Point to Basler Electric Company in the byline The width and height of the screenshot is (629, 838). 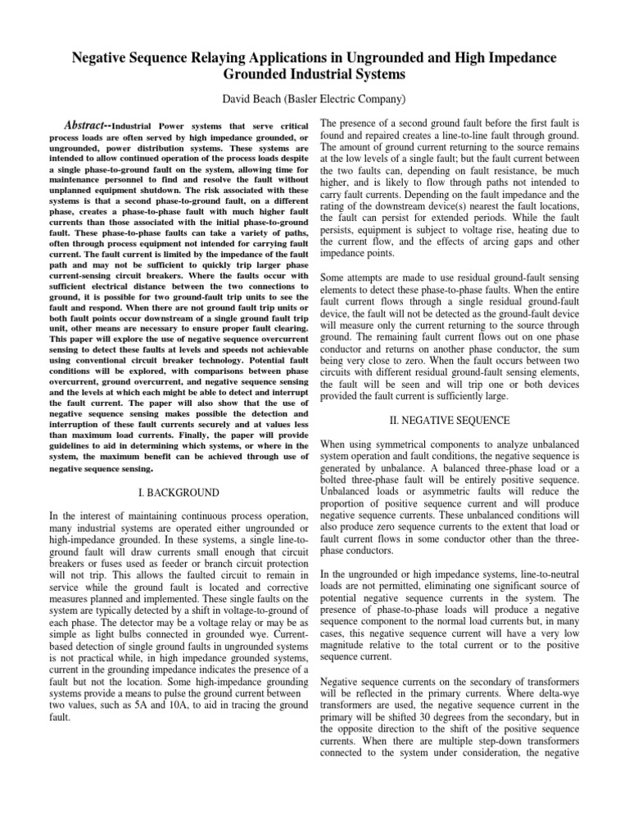[x=351, y=100]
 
